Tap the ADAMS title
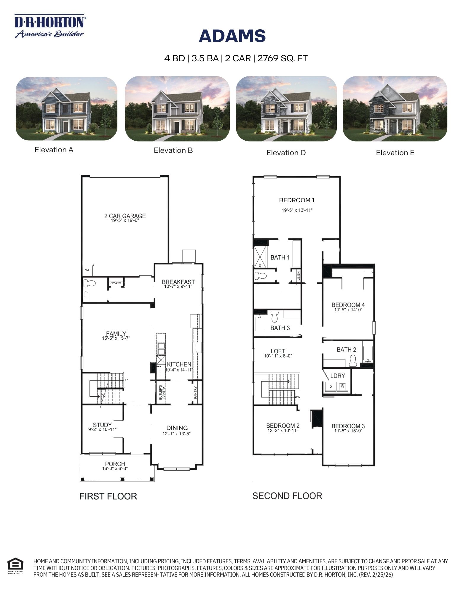(x=232, y=36)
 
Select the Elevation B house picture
(x=177, y=108)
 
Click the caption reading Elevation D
(x=286, y=153)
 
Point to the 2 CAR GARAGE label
(x=125, y=216)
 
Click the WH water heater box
(x=88, y=270)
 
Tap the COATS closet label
(x=116, y=283)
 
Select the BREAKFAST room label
(x=178, y=282)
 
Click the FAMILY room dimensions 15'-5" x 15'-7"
(x=116, y=338)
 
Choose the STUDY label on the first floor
(x=102, y=425)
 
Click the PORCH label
(x=115, y=464)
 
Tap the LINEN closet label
(x=299, y=276)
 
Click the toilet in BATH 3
(x=275, y=316)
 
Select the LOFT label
(x=278, y=351)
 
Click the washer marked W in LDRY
(x=343, y=386)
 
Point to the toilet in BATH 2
(x=353, y=361)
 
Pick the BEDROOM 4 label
(x=348, y=305)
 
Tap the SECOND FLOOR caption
(x=287, y=496)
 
